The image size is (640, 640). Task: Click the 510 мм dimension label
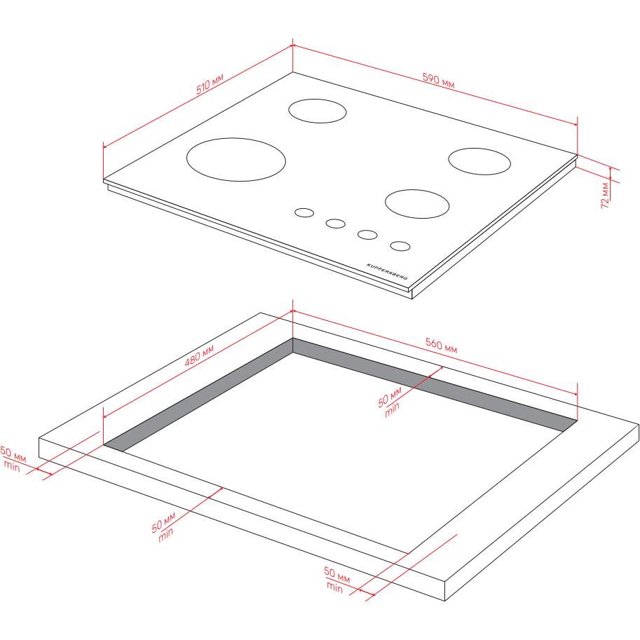210,84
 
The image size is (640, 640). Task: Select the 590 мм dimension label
438,81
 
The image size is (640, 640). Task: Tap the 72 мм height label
605,196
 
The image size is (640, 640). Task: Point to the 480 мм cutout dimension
199,356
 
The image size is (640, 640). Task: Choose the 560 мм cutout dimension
441,346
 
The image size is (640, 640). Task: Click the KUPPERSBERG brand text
387,271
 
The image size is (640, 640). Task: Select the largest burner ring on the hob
236,160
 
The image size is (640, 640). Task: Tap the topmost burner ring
318,111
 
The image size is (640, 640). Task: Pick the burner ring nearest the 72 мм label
479,161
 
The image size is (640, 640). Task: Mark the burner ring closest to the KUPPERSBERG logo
417,204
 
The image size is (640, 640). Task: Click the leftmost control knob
304,212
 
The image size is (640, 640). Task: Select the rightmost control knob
400,246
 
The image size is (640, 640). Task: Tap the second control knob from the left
336,224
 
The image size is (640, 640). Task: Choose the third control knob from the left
367,235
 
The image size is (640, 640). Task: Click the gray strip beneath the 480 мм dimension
198,395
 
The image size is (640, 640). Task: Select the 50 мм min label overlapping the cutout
390,402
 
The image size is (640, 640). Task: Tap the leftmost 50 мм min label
12,458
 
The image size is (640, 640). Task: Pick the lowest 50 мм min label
336,580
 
